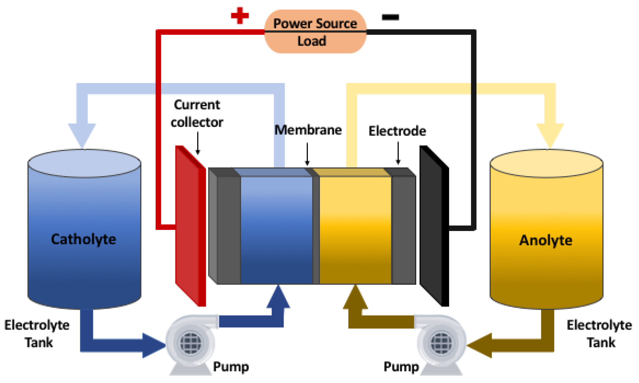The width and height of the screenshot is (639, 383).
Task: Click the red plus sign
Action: tap(240, 15)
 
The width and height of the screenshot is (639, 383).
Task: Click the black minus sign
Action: tap(390, 17)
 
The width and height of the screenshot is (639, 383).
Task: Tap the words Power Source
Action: tap(315, 24)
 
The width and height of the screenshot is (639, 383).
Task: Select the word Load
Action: tap(312, 41)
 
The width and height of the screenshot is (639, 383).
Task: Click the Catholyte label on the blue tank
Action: tap(83, 239)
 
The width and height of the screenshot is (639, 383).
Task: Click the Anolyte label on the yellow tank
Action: tap(546, 240)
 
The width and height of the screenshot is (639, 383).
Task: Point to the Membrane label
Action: tap(308, 130)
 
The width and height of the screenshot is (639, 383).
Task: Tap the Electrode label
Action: tap(397, 131)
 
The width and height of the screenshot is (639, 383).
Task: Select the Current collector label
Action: tap(197, 114)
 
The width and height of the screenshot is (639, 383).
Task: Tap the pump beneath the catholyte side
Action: tap(190, 343)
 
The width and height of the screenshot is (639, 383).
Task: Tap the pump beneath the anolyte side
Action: tap(441, 343)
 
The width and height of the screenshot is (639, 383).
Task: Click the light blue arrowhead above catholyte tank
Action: tap(82, 134)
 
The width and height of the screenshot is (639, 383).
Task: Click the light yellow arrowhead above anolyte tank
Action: tap(550, 134)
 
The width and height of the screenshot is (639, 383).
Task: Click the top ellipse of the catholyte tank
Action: tap(84, 163)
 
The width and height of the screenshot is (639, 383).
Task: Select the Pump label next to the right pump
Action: tap(401, 366)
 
